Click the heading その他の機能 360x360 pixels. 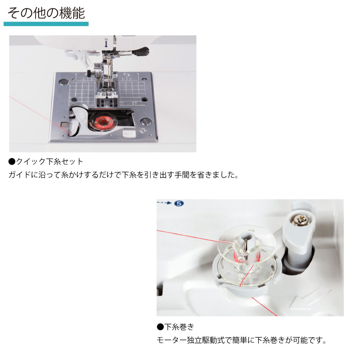pyautogui.click(x=46, y=13)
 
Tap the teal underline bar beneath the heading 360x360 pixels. pyautogui.click(x=46, y=24)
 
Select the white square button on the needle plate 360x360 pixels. pyautogui.click(x=129, y=134)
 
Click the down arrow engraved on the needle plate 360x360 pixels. pyautogui.click(x=143, y=131)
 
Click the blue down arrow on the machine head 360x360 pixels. pyautogui.click(x=106, y=43)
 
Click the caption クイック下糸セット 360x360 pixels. pyautogui.click(x=49, y=161)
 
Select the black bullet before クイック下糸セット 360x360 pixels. pyautogui.click(x=12, y=162)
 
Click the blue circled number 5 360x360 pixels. pyautogui.click(x=179, y=203)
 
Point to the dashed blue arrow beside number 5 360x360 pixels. pyautogui.click(x=165, y=203)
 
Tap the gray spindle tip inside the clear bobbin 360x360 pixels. pyautogui.click(x=246, y=240)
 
